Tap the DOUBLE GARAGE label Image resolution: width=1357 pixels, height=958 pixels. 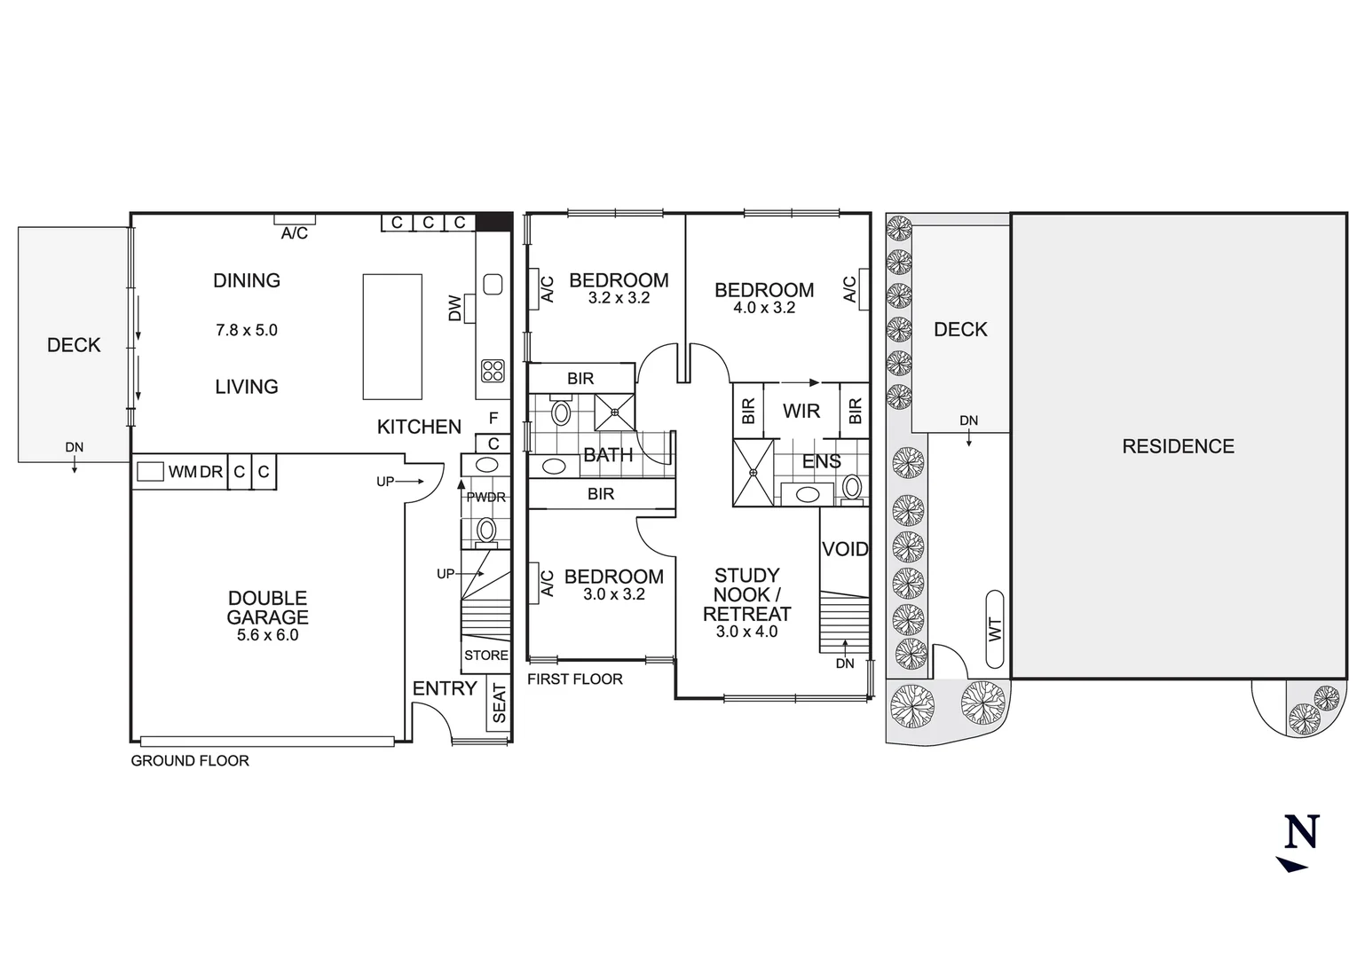click(x=267, y=608)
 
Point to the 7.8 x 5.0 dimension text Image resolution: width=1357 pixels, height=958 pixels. click(x=247, y=330)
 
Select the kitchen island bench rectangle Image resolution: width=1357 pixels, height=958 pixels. click(x=391, y=337)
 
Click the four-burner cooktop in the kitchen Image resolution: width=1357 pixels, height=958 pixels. click(x=493, y=371)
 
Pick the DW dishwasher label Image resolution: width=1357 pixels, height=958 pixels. click(x=455, y=308)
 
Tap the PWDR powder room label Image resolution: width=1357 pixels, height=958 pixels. click(x=485, y=498)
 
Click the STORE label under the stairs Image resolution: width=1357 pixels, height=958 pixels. click(x=485, y=656)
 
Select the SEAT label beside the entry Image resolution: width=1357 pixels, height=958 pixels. click(x=499, y=703)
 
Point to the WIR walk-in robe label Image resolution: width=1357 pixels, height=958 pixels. click(x=801, y=411)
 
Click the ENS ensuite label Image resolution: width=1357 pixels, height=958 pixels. click(x=821, y=461)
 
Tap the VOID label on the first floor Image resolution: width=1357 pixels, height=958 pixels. click(x=844, y=549)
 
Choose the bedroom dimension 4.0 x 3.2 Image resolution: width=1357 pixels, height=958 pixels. click(x=764, y=308)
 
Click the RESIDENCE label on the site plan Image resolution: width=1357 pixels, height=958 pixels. click(x=1178, y=446)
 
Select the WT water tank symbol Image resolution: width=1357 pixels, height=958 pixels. click(x=995, y=629)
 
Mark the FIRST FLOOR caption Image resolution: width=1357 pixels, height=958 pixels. click(x=574, y=679)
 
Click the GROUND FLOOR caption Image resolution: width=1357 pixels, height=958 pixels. click(x=190, y=760)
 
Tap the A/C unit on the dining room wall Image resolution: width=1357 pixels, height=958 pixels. click(x=294, y=219)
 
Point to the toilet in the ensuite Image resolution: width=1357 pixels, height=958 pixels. click(x=852, y=486)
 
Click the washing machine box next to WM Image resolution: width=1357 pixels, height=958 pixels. click(x=150, y=472)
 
